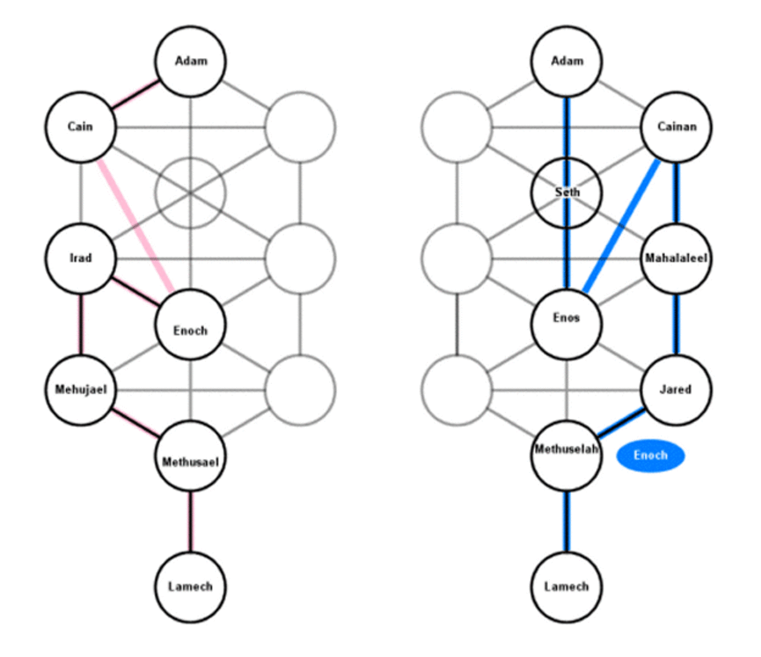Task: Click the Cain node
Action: pos(81,127)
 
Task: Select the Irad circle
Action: pos(81,258)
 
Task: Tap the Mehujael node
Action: pos(81,390)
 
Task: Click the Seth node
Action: pos(566,192)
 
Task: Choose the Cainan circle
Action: pos(676,127)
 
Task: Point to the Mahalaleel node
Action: pos(676,258)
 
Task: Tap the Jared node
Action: pos(676,390)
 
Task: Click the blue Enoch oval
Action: pos(651,456)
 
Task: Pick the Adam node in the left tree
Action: pos(190,61)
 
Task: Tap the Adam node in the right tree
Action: pos(566,61)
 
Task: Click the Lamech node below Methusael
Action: pos(190,587)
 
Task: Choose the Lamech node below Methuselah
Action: pos(566,587)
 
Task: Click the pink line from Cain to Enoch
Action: pos(134,226)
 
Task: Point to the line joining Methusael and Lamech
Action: pos(190,521)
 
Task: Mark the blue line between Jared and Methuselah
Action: pos(621,423)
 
